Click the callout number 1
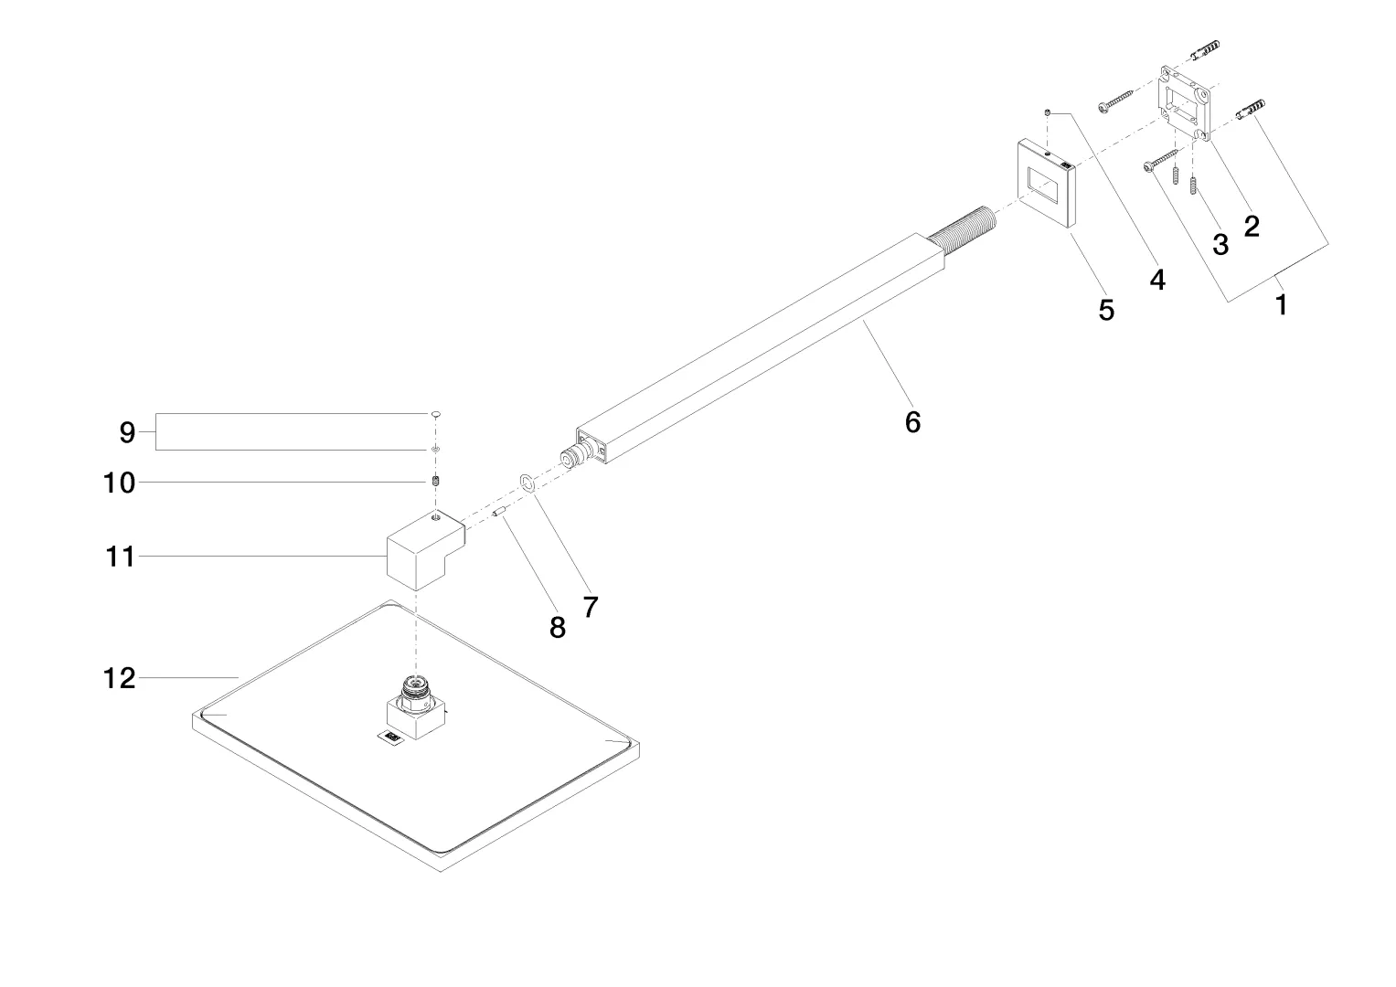coord(1282,305)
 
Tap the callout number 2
coord(1252,226)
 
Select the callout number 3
coord(1220,245)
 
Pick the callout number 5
coord(1106,311)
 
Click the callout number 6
coord(912,422)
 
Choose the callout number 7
coord(591,606)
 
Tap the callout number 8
coord(558,628)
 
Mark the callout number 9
coord(127,432)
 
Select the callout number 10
coord(119,483)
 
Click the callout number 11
coord(120,557)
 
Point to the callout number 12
coord(120,678)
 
